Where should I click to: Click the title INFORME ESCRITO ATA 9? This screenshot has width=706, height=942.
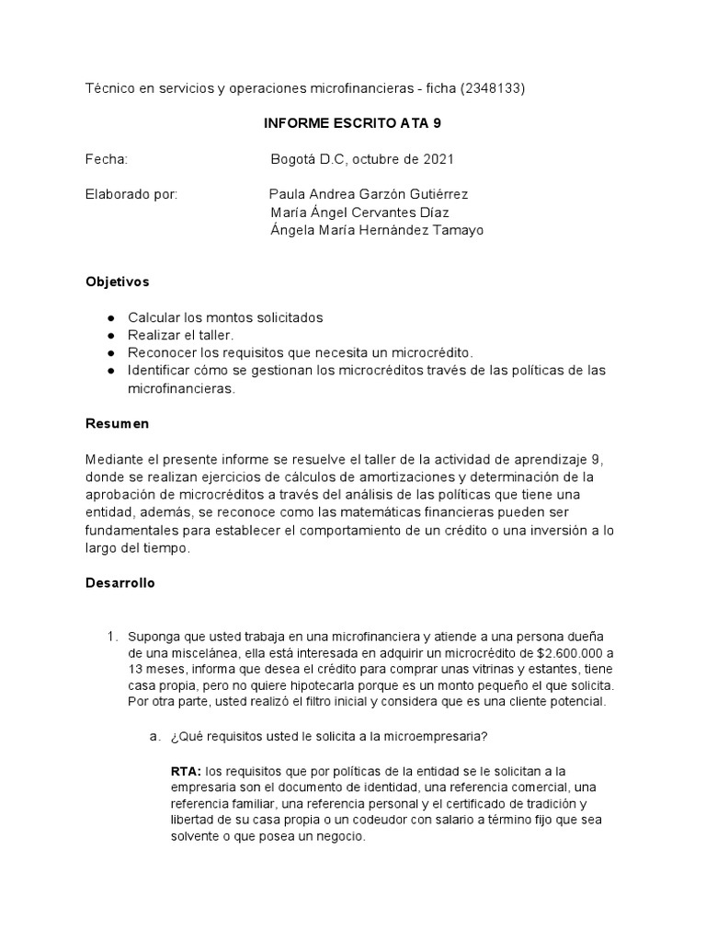point(352,123)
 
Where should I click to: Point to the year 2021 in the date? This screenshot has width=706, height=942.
point(438,159)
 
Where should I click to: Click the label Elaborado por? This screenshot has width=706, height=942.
point(131,195)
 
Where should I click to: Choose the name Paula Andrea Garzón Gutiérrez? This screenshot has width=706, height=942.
point(368,195)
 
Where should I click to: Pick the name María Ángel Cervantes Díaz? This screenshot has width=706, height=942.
point(359,213)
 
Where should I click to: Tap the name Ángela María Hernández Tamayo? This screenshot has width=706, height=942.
point(377,230)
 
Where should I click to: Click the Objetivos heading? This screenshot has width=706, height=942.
point(117,281)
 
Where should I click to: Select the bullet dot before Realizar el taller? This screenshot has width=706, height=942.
point(111,335)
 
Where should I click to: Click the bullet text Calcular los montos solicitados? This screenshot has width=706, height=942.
point(225,317)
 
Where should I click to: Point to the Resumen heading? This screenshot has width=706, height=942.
point(116,424)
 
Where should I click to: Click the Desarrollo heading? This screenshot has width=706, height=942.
point(120,583)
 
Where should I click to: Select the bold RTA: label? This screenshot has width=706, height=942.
point(187,770)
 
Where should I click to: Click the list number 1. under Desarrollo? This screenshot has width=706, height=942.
point(112,637)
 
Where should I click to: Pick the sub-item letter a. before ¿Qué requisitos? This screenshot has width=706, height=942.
point(154,736)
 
